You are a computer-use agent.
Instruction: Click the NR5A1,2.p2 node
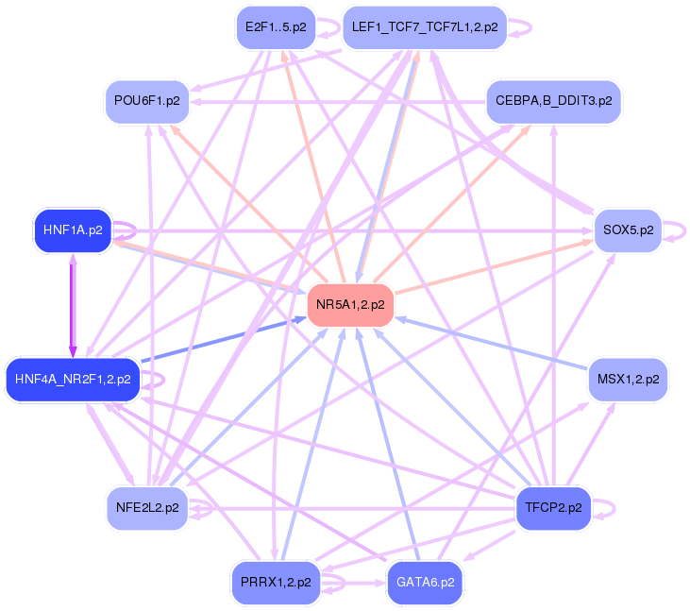click(x=350, y=305)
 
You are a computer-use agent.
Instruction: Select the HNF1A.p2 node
click(x=73, y=229)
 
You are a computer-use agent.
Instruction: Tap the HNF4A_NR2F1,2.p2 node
click(x=73, y=380)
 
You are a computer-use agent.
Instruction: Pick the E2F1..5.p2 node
click(x=275, y=26)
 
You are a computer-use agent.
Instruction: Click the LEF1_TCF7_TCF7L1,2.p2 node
click(x=424, y=26)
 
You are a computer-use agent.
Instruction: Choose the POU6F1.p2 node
click(x=146, y=100)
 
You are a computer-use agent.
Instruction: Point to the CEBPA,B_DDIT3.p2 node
click(x=553, y=100)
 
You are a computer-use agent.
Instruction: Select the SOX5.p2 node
click(x=628, y=230)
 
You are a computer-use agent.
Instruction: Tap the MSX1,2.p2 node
click(x=628, y=380)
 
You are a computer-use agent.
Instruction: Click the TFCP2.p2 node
click(x=552, y=508)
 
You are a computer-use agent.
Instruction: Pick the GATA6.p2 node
click(x=425, y=583)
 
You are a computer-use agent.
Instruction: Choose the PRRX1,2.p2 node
click(x=275, y=583)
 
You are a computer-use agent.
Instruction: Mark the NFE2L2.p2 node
click(x=146, y=508)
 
